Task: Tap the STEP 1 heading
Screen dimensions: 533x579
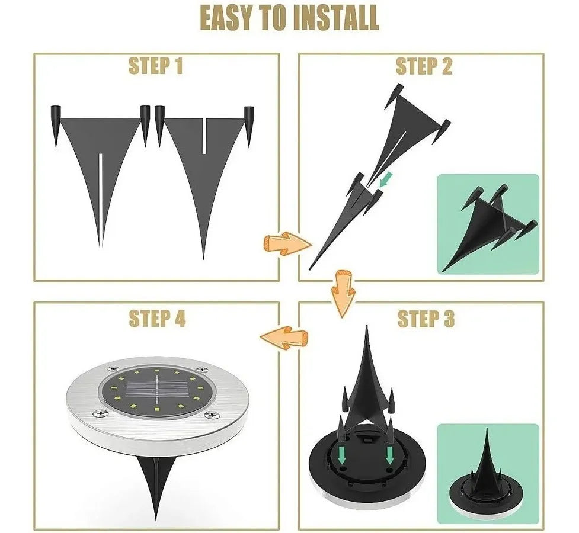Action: click(156, 66)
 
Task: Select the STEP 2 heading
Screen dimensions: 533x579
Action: click(424, 66)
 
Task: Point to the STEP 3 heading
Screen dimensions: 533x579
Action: click(426, 319)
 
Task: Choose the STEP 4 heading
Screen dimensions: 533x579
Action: click(157, 319)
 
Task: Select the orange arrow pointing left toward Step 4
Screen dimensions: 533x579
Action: click(284, 338)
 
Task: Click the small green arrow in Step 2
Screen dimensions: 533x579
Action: click(385, 179)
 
